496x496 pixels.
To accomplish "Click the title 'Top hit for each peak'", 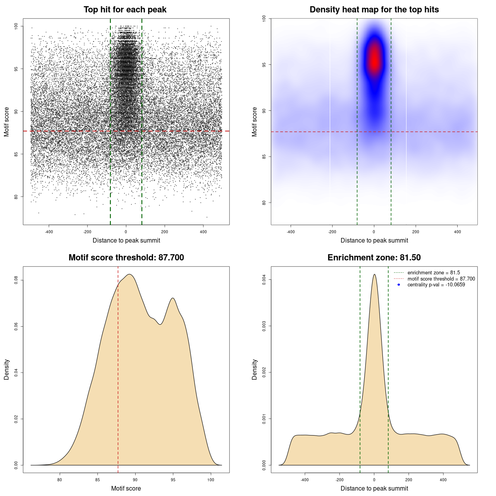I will [125, 10].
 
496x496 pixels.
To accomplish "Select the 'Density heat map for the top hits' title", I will [374, 10].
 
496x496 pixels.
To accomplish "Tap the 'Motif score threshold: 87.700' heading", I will [126, 258].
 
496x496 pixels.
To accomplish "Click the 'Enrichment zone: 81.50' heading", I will [374, 258].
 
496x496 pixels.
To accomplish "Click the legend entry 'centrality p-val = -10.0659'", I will [436, 285].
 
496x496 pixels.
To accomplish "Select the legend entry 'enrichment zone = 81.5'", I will [434, 273].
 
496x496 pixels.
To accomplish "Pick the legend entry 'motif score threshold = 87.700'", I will [441, 279].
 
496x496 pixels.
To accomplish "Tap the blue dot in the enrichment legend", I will [399, 285].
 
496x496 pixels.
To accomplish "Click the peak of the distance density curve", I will [374, 275].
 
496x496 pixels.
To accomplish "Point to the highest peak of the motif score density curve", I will [130, 275].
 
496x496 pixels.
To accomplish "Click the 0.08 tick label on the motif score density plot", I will [16, 280].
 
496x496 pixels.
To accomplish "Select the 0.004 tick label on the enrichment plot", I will [264, 279].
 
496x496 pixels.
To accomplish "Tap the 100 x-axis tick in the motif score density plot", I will [210, 480].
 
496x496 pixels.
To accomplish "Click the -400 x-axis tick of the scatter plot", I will [49, 232].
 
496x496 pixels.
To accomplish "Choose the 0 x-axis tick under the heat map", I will [374, 232].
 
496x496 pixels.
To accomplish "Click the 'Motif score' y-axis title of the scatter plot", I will [7, 122].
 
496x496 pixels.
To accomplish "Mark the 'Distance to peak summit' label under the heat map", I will [374, 241].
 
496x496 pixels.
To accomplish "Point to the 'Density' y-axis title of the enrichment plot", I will [255, 369].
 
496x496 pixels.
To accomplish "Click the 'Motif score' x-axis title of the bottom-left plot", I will [126, 489].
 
